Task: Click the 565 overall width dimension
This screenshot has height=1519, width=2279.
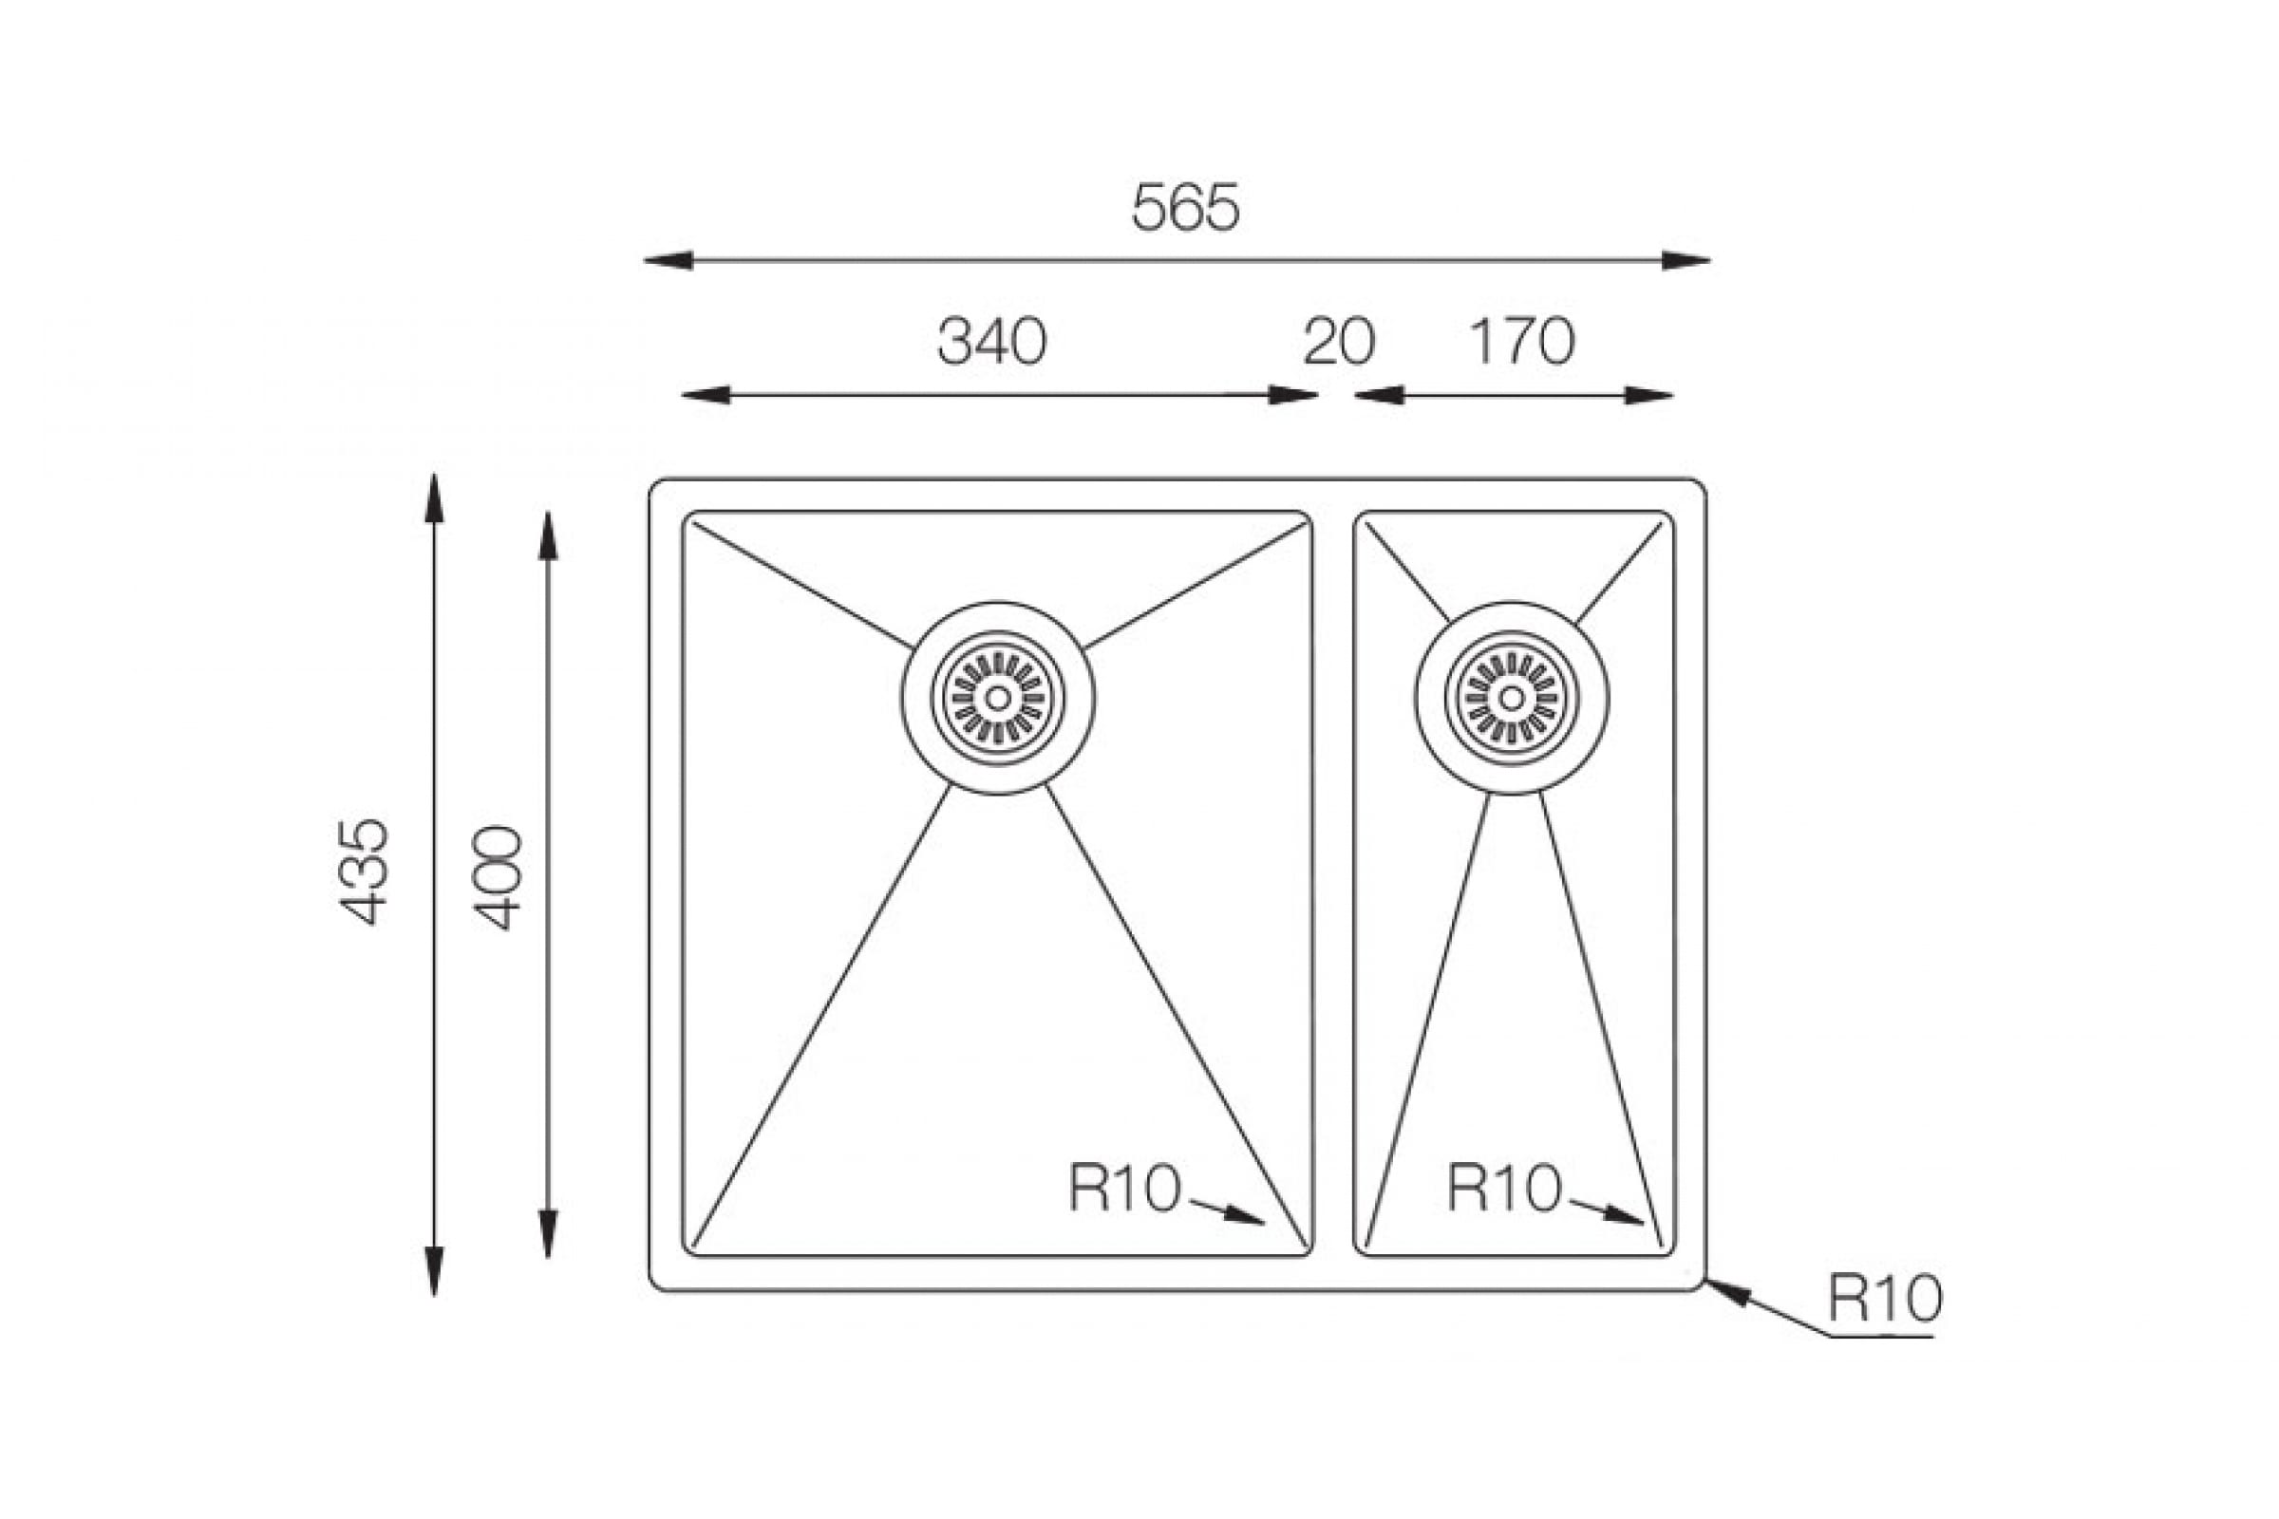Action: (x=1185, y=207)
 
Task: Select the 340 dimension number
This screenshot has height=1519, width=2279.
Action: (x=991, y=341)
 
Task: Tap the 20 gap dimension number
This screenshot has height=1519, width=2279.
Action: (x=1339, y=341)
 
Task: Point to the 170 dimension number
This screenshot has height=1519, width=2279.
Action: (x=1522, y=341)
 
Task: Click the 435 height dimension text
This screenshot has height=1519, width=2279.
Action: (x=364, y=872)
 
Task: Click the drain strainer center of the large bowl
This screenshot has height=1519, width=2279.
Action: (x=998, y=698)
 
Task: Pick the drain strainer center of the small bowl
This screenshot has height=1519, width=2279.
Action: (x=1512, y=698)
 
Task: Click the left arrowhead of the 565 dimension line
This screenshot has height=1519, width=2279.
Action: (x=669, y=260)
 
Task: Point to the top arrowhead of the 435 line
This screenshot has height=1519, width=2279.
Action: (x=434, y=497)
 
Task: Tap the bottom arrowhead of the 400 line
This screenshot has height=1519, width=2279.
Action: (x=549, y=1234)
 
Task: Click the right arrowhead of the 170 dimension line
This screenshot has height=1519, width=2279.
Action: (x=1649, y=395)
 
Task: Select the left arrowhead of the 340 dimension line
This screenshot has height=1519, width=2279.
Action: (x=706, y=395)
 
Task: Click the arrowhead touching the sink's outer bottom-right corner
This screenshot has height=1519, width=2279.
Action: (x=1727, y=1292)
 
